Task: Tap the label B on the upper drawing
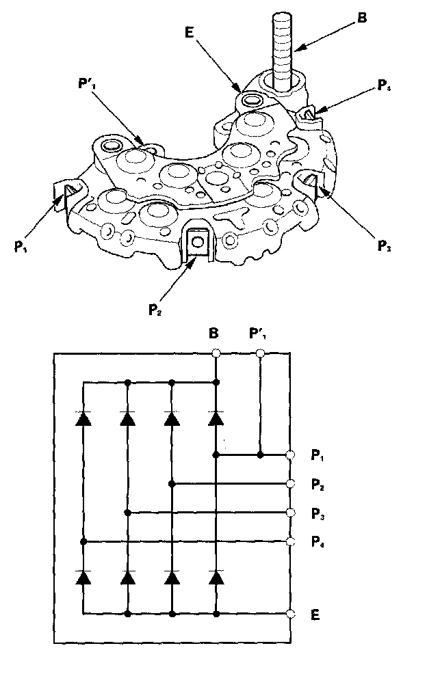point(362,18)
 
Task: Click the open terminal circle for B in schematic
point(216,353)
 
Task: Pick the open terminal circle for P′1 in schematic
point(260,353)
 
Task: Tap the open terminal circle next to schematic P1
point(291,455)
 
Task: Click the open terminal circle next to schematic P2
point(291,483)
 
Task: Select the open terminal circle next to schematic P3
point(291,512)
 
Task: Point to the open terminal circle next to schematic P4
point(291,541)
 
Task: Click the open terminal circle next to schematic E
point(291,614)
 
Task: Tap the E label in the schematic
point(314,614)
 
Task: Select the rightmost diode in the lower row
point(216,578)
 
